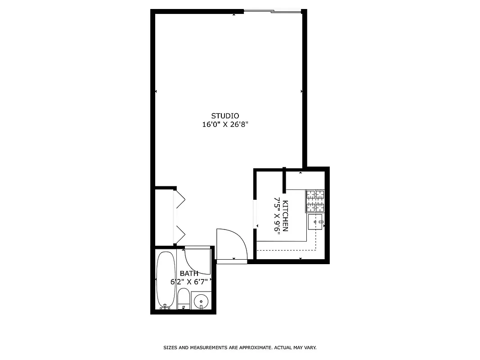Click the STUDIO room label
(x=225, y=116)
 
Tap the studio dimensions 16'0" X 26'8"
(x=225, y=125)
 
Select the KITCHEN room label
(x=285, y=216)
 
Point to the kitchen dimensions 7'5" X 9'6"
(x=277, y=215)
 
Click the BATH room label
(x=189, y=274)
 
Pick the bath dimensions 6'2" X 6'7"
(x=189, y=282)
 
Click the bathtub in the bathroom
(x=166, y=279)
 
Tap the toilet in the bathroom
(x=183, y=299)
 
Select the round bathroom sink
(x=201, y=301)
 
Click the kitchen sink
(x=315, y=222)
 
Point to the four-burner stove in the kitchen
(x=315, y=201)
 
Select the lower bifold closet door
(x=179, y=234)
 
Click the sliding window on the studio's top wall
(x=272, y=12)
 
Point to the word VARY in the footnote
(x=310, y=348)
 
